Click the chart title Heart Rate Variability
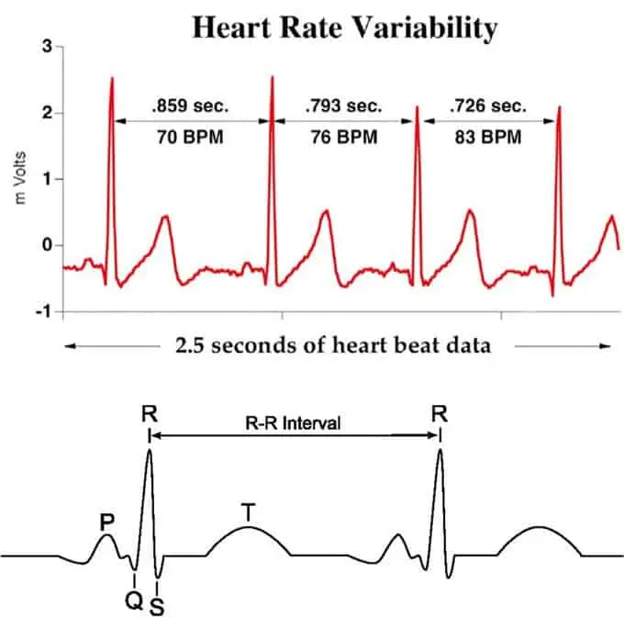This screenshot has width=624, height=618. pos(344,28)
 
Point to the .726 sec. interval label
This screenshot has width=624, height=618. pos(486,106)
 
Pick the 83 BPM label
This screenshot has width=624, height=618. pos(486,140)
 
